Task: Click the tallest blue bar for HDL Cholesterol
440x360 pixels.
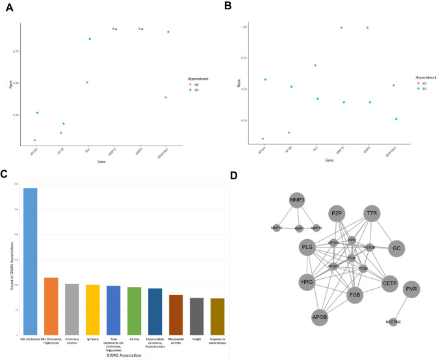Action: point(31,260)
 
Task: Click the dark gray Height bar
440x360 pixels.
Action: point(197,315)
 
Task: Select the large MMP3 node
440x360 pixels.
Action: point(298,200)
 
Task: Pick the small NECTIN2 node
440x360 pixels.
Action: point(393,322)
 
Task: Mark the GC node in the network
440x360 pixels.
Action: point(397,248)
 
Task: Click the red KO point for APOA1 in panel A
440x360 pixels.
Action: point(34,140)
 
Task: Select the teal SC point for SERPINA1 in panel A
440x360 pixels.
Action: point(168,32)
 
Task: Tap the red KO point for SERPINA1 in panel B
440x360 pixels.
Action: point(394,85)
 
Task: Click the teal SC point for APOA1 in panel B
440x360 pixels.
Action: point(266,79)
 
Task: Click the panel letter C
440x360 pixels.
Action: point(4,174)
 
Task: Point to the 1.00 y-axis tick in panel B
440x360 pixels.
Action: point(243,27)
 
